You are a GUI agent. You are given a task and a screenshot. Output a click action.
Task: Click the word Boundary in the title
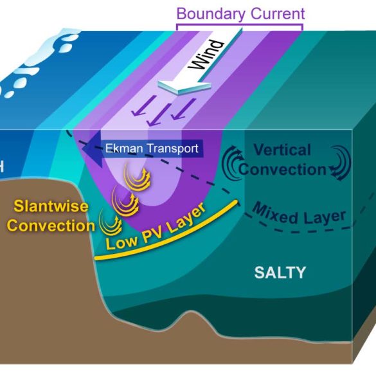click(x=211, y=14)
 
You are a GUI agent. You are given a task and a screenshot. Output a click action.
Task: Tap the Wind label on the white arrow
click(x=206, y=55)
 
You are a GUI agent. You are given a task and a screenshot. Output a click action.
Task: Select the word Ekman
click(x=124, y=148)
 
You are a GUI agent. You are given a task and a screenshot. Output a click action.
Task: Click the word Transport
click(x=172, y=148)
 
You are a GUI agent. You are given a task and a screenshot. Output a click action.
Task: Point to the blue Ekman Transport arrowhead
click(x=92, y=148)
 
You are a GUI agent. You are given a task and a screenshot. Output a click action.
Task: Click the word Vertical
click(x=282, y=150)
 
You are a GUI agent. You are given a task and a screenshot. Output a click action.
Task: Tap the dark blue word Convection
click(x=282, y=169)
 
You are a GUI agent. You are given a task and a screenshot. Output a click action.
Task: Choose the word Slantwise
click(x=51, y=206)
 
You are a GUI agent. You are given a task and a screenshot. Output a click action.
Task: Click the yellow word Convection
click(x=51, y=226)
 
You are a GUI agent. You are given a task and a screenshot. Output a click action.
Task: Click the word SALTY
click(x=280, y=273)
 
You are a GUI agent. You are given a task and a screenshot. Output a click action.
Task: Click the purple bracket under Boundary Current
click(x=240, y=24)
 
